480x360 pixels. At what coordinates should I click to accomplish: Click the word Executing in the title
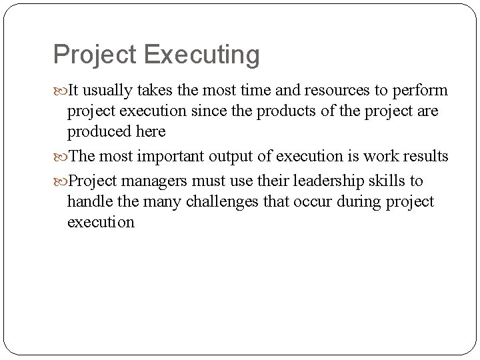(x=201, y=55)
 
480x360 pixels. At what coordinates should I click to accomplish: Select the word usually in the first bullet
(x=112, y=91)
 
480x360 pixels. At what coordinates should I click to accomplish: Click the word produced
(x=99, y=131)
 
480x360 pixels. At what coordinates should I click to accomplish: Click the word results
(x=424, y=157)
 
